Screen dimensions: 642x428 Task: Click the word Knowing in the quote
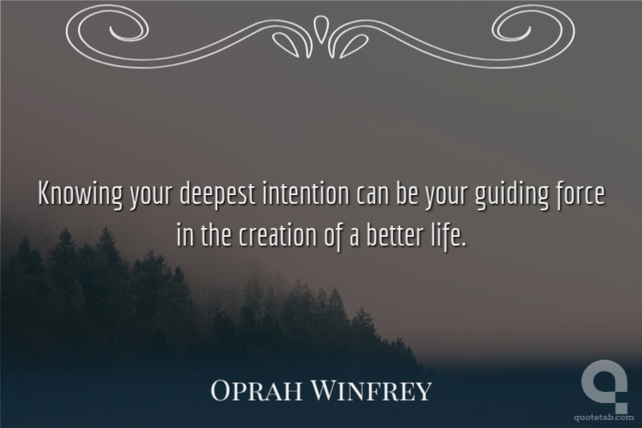pyautogui.click(x=79, y=194)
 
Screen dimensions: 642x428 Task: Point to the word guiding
pyautogui.click(x=512, y=194)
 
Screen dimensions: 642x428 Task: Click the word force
pyautogui.click(x=580, y=194)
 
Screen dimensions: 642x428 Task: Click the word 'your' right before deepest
pyautogui.click(x=150, y=197)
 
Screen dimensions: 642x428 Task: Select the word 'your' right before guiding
pyautogui.click(x=445, y=197)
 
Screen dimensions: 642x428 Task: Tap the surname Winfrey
pyautogui.click(x=372, y=390)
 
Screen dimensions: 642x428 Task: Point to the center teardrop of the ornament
pyautogui.click(x=320, y=28)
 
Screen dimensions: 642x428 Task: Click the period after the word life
pyautogui.click(x=464, y=246)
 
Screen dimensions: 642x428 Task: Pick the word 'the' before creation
pyautogui.click(x=217, y=236)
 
